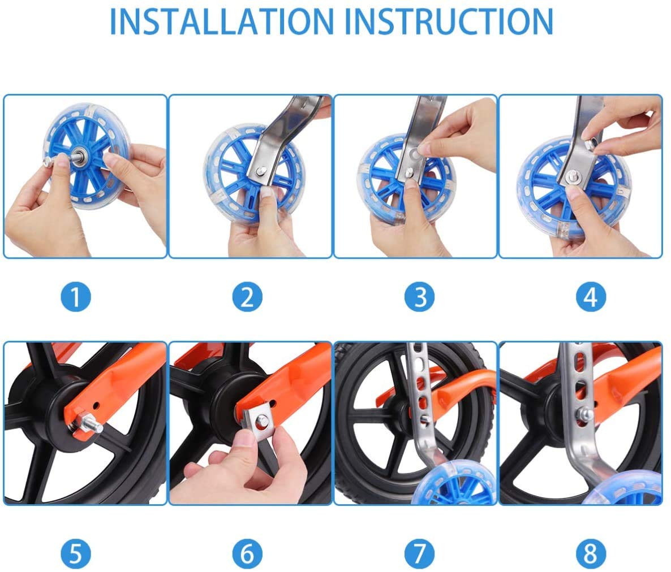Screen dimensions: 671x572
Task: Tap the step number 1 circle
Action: [x=76, y=297]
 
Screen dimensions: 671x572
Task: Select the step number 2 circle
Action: [x=247, y=297]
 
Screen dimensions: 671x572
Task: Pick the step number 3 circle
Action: [x=419, y=297]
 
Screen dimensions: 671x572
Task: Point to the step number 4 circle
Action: [x=591, y=297]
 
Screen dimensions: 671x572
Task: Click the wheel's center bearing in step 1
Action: [x=80, y=155]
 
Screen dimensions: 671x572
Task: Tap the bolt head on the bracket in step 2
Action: [x=260, y=171]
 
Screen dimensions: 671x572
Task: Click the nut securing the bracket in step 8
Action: [x=586, y=413]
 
